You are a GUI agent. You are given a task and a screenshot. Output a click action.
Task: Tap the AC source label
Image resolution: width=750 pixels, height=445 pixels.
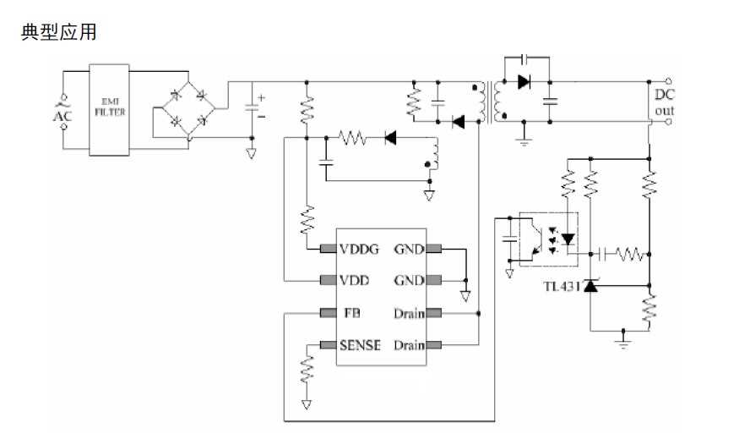pos(62,113)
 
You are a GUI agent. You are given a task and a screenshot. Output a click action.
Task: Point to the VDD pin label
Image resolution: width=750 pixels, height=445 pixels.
pos(355,280)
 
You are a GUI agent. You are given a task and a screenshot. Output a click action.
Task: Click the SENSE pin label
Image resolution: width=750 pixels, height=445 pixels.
pos(360,345)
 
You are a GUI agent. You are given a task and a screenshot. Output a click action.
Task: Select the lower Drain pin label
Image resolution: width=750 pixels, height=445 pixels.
pos(408,345)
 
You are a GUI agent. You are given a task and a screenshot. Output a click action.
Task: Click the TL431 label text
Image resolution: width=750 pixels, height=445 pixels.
pos(562,286)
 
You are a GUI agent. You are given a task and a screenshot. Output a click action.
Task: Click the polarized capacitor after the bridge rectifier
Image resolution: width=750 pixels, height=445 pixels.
pos(252,107)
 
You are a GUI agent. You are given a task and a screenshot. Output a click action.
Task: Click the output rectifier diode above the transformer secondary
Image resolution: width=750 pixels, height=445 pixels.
pos(524,82)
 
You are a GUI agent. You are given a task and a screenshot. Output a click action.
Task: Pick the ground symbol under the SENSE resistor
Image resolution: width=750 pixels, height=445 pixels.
pos(307,404)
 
